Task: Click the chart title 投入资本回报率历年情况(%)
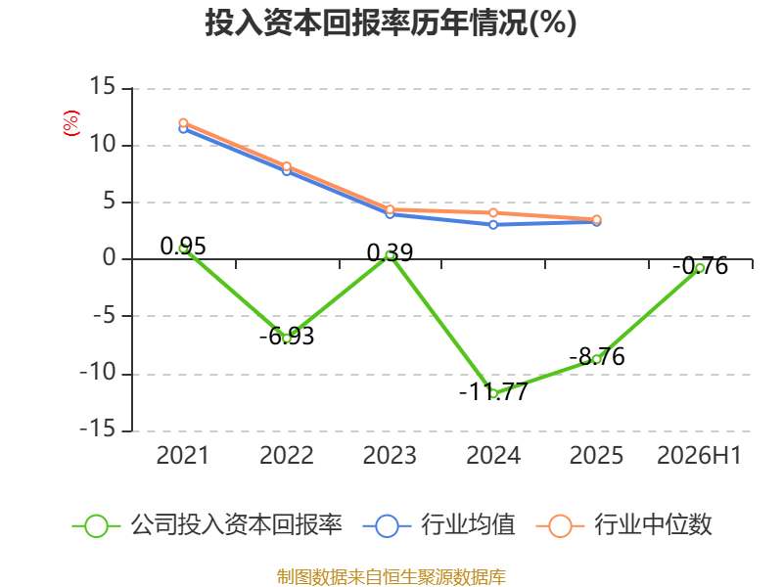coord(391,23)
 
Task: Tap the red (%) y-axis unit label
coord(70,123)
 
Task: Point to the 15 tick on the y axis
coord(103,86)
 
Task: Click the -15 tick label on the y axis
coord(98,429)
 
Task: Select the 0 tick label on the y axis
coord(110,258)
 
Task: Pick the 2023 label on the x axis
coord(390,455)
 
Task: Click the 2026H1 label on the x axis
coord(699,455)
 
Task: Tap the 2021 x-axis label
coord(182,455)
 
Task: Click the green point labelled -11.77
coord(493,393)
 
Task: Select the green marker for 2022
coord(287,338)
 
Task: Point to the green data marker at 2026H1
coord(700,268)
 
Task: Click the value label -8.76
coord(597,356)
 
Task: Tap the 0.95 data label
coord(183,247)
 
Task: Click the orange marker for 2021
coord(183,123)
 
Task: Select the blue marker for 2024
coord(493,225)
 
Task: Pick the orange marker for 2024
coord(493,212)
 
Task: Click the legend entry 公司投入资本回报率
coord(207,525)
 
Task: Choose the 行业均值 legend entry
coord(438,525)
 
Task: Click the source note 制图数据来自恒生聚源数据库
coord(391,577)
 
